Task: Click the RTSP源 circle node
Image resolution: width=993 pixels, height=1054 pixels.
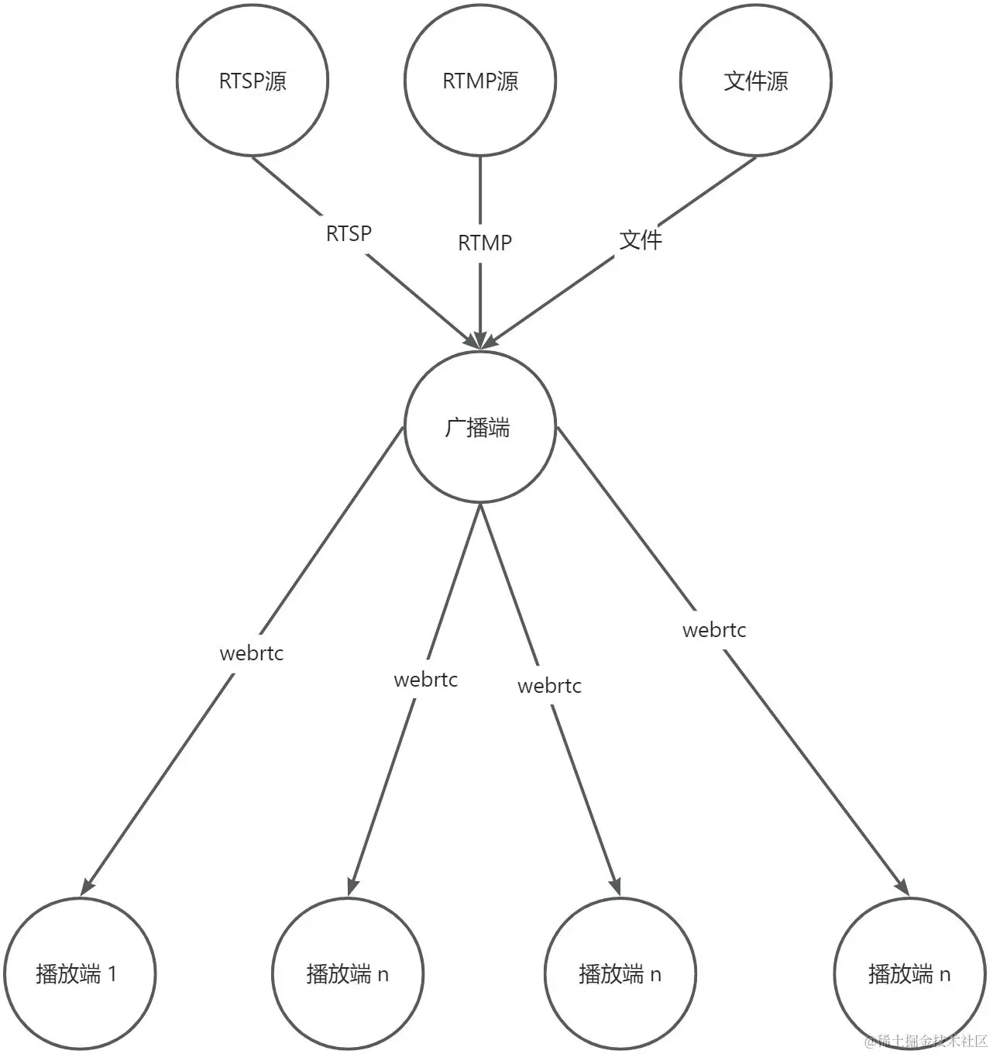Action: [x=253, y=80]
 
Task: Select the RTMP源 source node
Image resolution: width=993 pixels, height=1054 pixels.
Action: [x=480, y=80]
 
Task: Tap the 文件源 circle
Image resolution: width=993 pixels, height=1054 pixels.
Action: [x=755, y=80]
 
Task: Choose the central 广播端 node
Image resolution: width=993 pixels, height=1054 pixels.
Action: [x=480, y=427]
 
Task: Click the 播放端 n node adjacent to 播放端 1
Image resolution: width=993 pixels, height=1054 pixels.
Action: [x=348, y=973]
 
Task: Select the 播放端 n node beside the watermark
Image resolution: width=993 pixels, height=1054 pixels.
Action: [x=909, y=973]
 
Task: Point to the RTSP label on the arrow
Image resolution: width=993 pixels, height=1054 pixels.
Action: [x=349, y=233]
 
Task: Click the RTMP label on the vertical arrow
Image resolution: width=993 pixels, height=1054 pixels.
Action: [x=485, y=243]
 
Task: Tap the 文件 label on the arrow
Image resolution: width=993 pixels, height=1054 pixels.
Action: [x=641, y=239]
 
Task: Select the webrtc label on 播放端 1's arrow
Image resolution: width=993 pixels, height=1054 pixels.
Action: [x=252, y=653]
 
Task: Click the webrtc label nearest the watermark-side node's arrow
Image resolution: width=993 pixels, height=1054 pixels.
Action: [x=714, y=630]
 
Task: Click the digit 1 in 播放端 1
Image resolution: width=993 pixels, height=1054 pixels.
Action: [x=112, y=973]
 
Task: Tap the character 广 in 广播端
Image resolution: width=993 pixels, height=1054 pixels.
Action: [x=455, y=427]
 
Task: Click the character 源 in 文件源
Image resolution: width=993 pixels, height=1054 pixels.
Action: [x=778, y=81]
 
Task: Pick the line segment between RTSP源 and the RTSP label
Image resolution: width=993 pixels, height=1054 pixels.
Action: [x=287, y=185]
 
